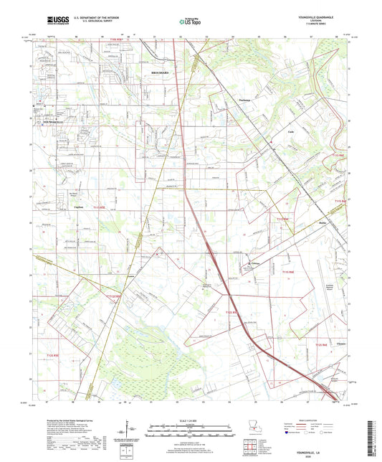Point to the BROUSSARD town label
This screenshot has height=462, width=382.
(x=163, y=73)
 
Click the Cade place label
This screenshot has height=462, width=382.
(x=271, y=132)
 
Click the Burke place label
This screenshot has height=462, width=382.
(x=323, y=225)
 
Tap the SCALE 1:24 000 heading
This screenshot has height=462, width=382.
(x=190, y=419)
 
